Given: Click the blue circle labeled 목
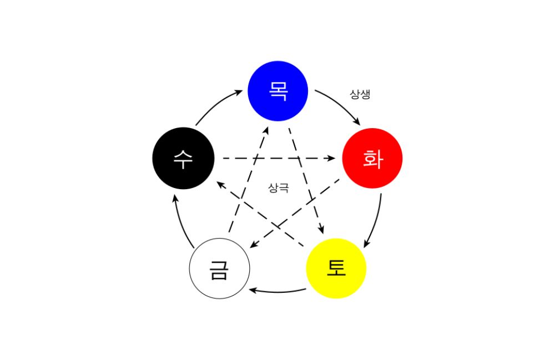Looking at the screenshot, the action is pyautogui.click(x=278, y=91).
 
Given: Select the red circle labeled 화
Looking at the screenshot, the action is pyautogui.click(x=372, y=158).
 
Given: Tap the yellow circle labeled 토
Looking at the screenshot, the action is pyautogui.click(x=336, y=268).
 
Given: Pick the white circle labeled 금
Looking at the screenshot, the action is pyautogui.click(x=219, y=268).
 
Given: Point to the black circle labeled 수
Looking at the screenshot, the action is pyautogui.click(x=183, y=158).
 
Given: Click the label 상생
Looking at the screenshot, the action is pyautogui.click(x=360, y=94).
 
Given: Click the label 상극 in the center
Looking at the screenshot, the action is pyautogui.click(x=279, y=187).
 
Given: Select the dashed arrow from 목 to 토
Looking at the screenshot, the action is pyautogui.click(x=306, y=181).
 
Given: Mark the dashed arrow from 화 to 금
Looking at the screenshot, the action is pyautogui.click(x=295, y=213).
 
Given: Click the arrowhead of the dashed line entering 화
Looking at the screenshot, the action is pyautogui.click(x=331, y=158).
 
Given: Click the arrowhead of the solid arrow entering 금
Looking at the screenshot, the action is pyautogui.click(x=253, y=290).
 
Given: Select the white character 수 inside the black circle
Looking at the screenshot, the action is pyautogui.click(x=183, y=159).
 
